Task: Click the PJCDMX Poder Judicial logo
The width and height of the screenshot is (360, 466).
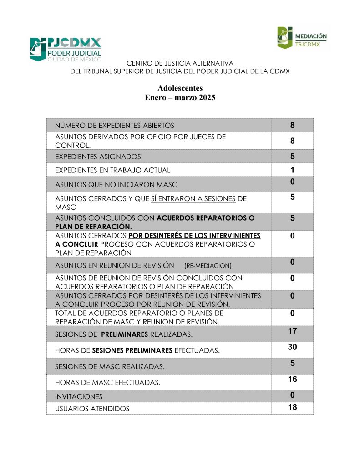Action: (66, 49)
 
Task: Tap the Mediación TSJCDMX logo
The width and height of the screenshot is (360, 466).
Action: (302, 38)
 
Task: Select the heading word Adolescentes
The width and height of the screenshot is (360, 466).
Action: (180, 88)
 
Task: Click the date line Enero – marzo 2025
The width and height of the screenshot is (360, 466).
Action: (180, 98)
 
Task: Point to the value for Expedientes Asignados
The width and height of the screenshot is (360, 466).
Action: (293, 157)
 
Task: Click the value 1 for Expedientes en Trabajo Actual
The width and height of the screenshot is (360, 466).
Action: (293, 170)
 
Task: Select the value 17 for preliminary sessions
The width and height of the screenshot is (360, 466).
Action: (293, 331)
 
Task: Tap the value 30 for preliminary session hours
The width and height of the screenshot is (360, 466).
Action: (293, 347)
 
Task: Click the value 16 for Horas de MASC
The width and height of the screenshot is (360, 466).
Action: (293, 379)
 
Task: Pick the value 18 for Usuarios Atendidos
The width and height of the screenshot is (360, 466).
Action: (293, 407)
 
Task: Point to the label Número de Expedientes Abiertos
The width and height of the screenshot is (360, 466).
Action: (114, 126)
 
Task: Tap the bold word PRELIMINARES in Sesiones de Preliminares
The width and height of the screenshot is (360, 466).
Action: (124, 334)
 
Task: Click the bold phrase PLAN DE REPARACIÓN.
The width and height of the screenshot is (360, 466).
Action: (93, 226)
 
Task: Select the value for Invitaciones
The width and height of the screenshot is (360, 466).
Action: (293, 395)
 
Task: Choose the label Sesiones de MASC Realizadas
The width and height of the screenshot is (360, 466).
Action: (110, 366)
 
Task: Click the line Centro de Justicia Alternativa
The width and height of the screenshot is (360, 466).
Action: (180, 63)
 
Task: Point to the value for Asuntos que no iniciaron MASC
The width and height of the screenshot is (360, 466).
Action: (293, 182)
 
